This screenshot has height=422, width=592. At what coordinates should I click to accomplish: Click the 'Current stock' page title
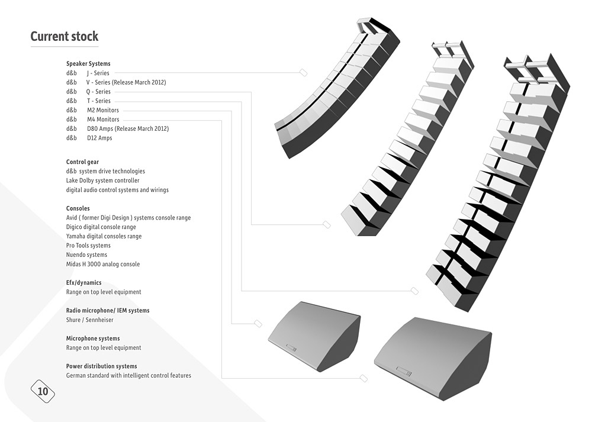64,36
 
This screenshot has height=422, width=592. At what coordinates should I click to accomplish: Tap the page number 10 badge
43,391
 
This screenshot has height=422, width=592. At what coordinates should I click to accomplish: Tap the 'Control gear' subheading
82,162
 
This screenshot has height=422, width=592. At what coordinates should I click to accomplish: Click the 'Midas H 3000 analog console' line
102,264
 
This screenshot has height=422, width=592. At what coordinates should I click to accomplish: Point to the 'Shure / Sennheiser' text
89,320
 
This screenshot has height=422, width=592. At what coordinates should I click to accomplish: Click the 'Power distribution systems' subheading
102,366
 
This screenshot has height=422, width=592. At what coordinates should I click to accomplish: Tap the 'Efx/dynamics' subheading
84,283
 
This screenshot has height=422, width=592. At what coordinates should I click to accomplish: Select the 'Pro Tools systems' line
88,246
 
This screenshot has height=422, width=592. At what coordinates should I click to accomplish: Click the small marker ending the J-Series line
303,72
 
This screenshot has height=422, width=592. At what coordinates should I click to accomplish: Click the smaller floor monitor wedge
314,336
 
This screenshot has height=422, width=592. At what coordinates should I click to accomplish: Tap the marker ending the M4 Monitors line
363,378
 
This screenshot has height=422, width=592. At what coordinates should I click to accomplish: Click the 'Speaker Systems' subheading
88,63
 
